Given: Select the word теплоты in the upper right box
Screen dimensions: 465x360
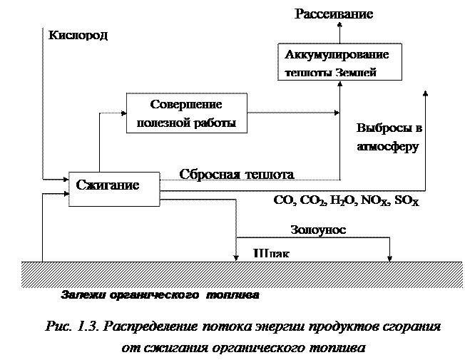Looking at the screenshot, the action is pos(309,73).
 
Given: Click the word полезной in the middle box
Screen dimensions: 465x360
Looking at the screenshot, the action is pos(163,122).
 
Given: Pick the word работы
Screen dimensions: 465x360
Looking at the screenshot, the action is pos(215,122).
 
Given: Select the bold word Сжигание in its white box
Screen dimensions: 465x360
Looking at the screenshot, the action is pos(107,185).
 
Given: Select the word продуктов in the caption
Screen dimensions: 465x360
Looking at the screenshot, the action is pos(341,326).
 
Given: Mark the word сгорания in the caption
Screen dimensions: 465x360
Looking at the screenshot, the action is pos(409,326).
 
